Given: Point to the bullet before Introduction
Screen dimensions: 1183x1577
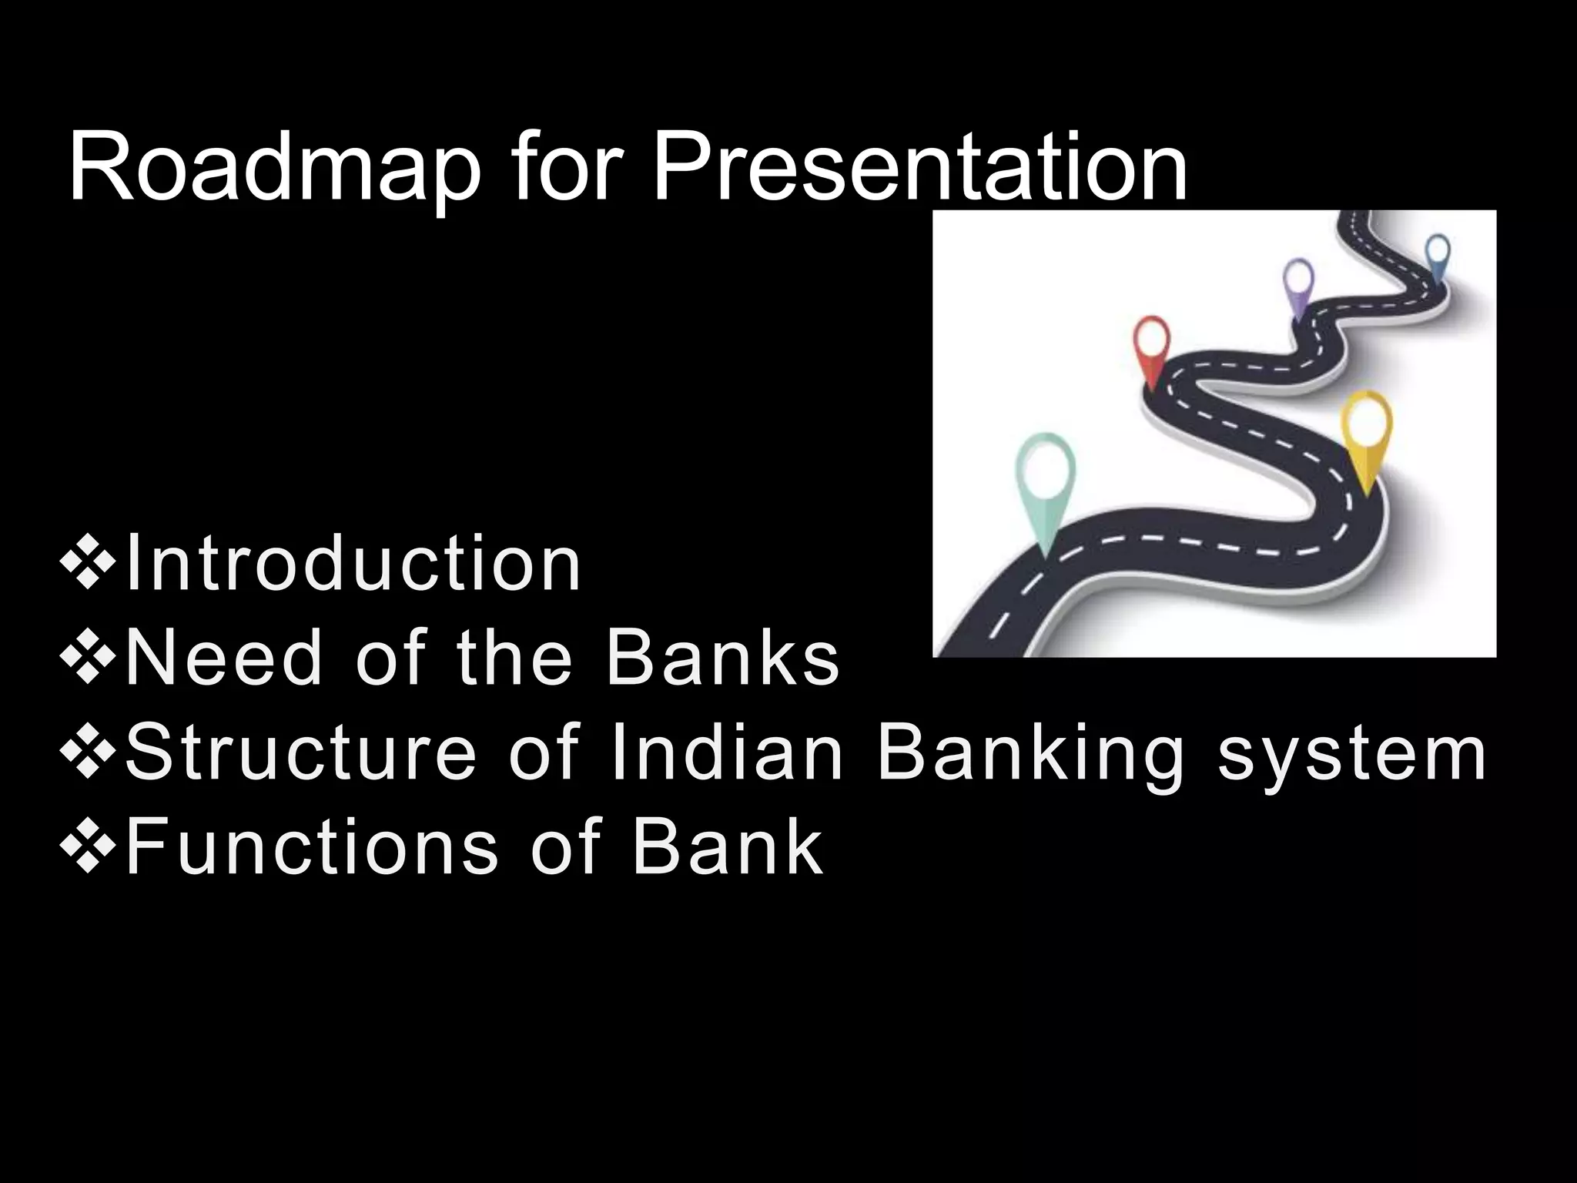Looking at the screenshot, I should pos(87,568).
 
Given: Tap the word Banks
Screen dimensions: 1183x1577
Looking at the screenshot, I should pos(722,659).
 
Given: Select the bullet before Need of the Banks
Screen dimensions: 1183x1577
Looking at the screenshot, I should pos(87,662).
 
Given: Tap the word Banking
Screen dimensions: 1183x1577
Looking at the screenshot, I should pos(1030,755).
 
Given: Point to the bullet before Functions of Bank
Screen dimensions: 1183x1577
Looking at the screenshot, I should pos(87,850).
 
